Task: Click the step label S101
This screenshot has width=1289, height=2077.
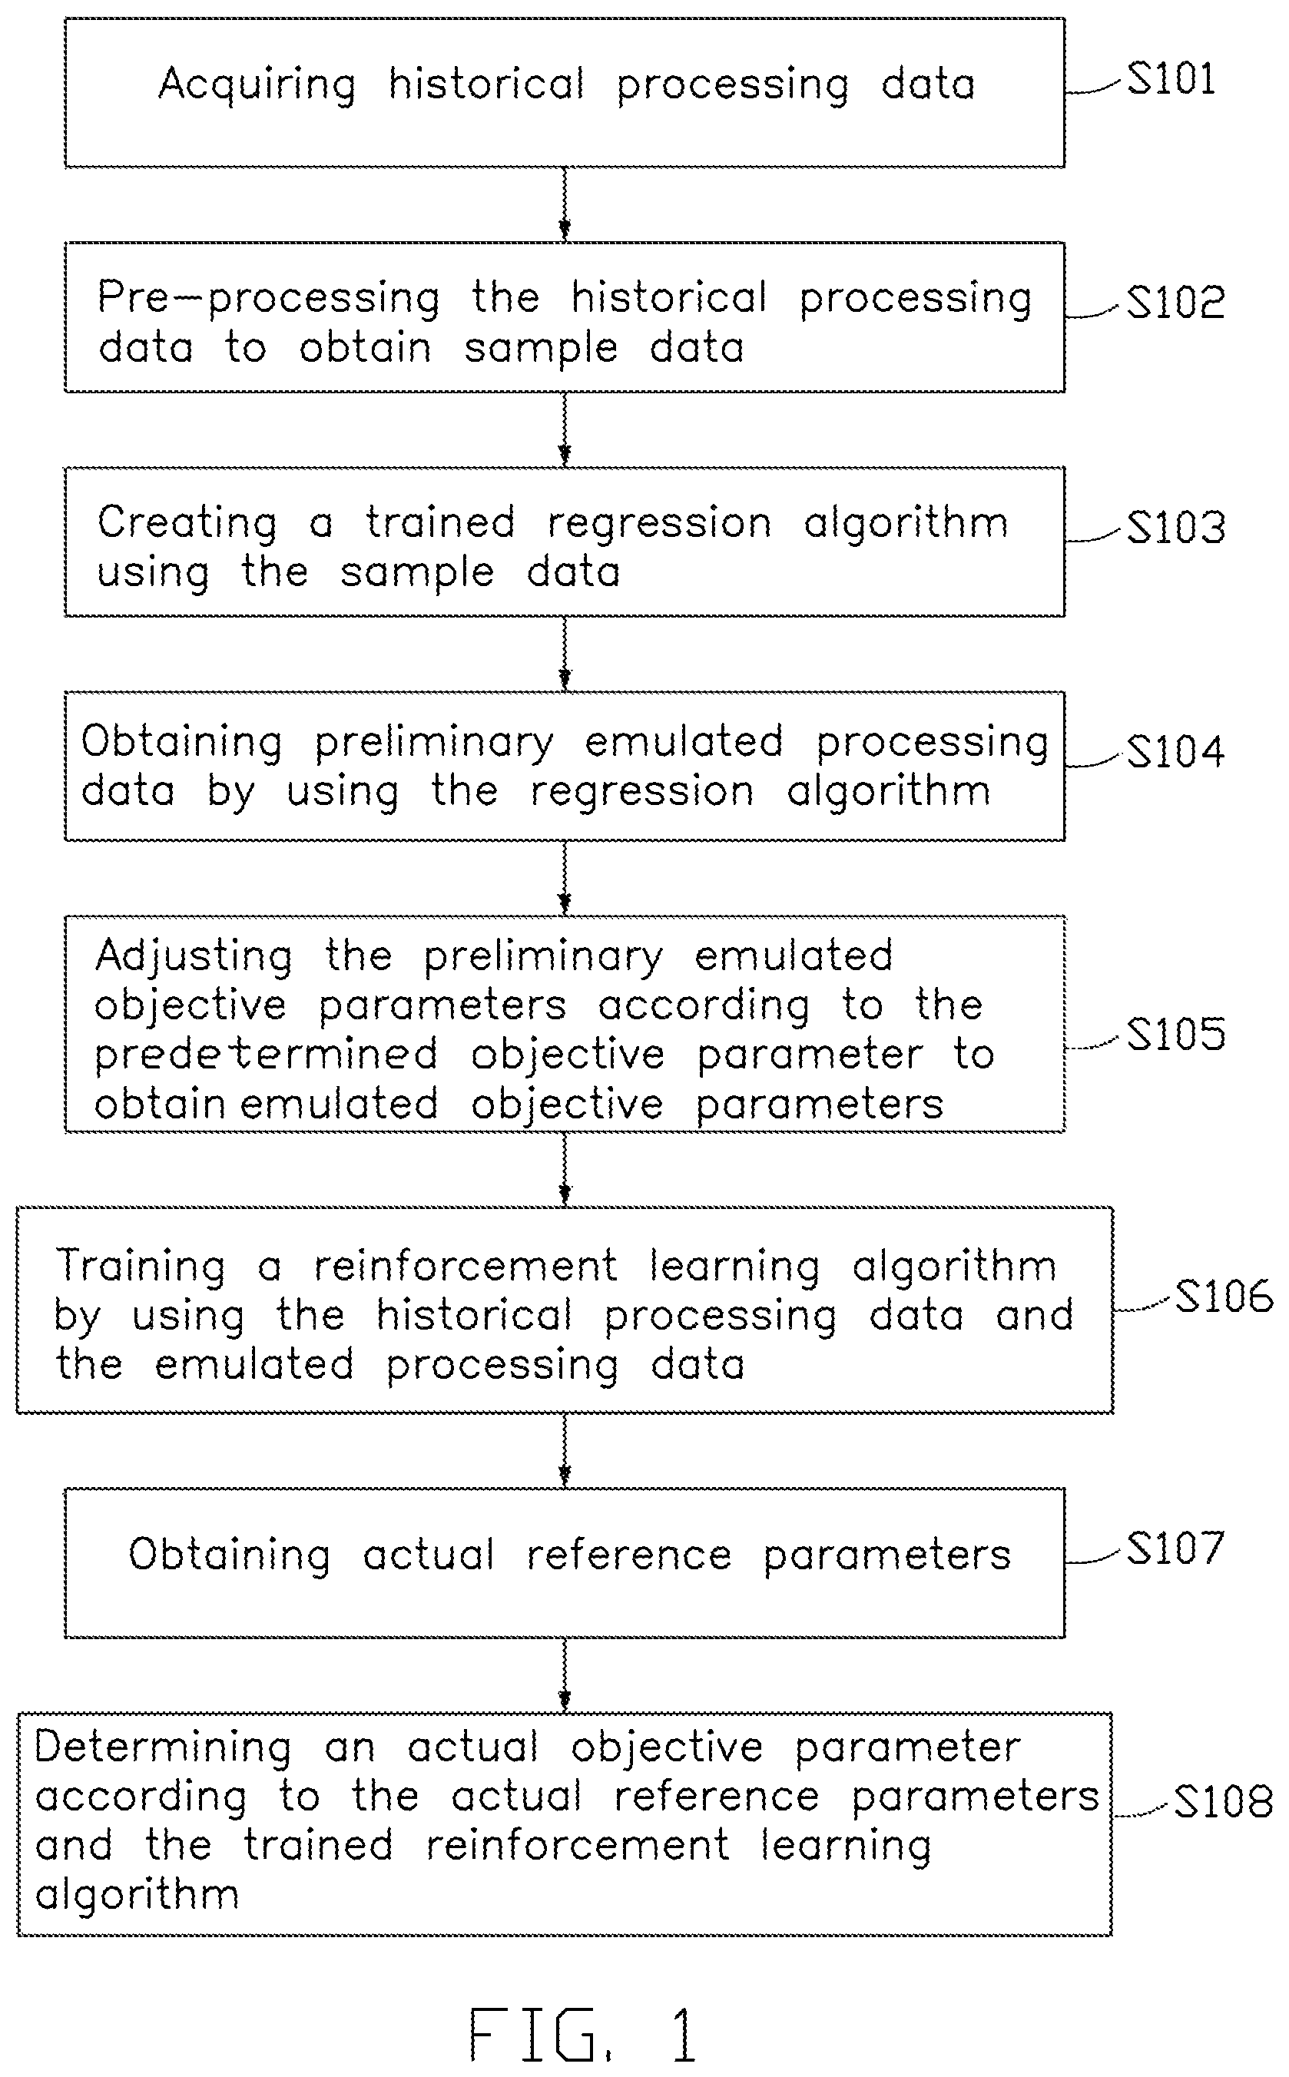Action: (1171, 79)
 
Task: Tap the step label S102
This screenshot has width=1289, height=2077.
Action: (1175, 303)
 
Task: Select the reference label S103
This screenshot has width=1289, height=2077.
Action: (1175, 528)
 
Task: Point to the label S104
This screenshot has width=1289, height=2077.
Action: (1175, 752)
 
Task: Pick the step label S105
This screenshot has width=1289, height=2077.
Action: (1175, 1035)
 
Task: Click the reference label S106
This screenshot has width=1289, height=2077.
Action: (1224, 1297)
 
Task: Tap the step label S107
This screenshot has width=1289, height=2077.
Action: (1175, 1548)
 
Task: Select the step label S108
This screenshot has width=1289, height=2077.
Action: (1224, 1802)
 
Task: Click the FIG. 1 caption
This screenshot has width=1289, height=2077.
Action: (584, 2033)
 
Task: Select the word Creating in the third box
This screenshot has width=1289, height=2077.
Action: (187, 524)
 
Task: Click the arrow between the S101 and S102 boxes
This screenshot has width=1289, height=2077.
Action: (565, 204)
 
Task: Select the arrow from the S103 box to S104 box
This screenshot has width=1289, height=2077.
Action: (565, 654)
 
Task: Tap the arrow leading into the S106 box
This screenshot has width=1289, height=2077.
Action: (565, 1169)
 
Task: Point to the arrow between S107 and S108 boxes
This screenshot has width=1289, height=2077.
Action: (565, 1675)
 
